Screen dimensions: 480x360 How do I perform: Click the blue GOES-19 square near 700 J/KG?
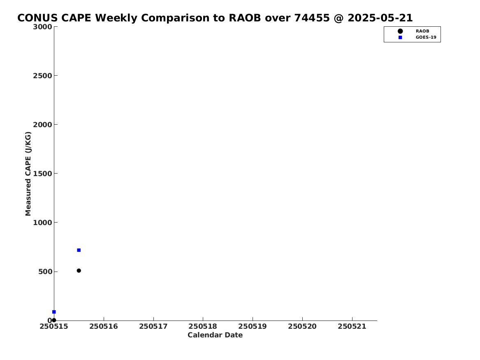79,250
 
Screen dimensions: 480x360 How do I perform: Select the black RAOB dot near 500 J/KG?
79,271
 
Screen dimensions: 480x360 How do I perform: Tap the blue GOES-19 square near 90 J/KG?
54,312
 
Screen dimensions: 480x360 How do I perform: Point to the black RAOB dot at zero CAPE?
54,320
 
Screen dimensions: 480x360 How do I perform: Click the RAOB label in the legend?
422,31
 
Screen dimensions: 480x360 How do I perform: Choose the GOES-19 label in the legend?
426,37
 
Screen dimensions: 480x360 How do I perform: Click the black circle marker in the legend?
400,31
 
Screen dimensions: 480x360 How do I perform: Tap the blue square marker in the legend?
400,37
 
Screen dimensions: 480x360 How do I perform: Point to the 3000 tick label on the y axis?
42,27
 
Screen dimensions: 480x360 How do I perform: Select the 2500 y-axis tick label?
42,76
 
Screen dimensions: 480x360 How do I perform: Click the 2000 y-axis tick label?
42,125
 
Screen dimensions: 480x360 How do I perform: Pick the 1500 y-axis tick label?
42,174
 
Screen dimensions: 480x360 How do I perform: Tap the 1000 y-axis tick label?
42,223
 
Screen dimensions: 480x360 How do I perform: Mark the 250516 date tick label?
104,326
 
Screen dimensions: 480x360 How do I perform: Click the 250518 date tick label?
203,326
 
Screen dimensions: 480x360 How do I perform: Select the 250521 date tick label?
352,326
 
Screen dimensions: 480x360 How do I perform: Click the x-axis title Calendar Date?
215,335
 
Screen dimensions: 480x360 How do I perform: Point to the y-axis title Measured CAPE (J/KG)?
28,174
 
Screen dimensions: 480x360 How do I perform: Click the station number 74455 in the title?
312,18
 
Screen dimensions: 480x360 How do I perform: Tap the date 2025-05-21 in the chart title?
380,18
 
